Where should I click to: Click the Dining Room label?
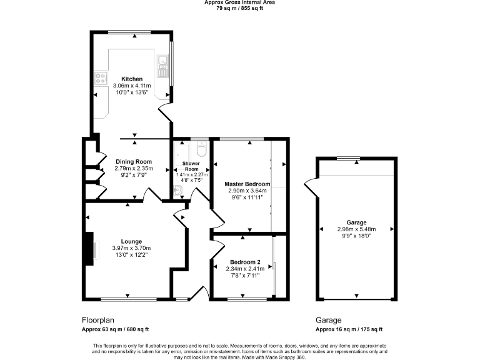[x=134, y=162]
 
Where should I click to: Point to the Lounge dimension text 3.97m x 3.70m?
[x=131, y=248]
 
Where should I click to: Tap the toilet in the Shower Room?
[x=201, y=149]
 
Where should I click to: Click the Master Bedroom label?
[x=247, y=184]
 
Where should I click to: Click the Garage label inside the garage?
[x=356, y=222]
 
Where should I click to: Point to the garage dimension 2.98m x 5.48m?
[x=356, y=229]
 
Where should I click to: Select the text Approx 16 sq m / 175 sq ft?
[x=349, y=329]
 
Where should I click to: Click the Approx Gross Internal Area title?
[x=239, y=2]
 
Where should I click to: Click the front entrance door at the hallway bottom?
[x=201, y=292]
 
